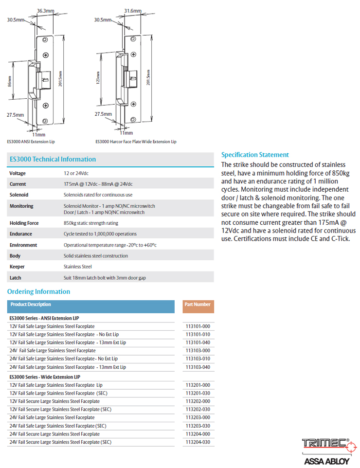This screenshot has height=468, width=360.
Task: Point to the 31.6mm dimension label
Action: tap(132, 10)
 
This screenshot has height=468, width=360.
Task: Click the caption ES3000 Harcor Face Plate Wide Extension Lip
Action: tap(136, 142)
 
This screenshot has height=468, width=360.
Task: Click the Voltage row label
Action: tap(18, 173)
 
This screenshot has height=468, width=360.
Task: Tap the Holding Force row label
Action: tap(24, 223)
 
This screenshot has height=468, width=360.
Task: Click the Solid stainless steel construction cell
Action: tap(95, 256)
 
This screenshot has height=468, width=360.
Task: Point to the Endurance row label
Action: tap(20, 234)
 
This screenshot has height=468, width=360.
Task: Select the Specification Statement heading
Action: tap(255, 155)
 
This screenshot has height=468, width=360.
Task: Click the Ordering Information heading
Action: tap(38, 291)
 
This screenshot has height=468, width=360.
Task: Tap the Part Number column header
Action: tap(198, 305)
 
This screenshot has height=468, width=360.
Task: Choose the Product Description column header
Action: tap(31, 305)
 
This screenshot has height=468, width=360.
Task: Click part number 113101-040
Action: tap(198, 342)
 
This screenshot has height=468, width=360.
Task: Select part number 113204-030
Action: tap(198, 442)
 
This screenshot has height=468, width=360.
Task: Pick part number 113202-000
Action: tap(198, 401)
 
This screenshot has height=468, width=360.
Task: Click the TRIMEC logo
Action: tap(325, 444)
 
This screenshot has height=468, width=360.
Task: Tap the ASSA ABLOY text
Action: tap(326, 461)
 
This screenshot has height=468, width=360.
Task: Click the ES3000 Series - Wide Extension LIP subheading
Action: tap(45, 377)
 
